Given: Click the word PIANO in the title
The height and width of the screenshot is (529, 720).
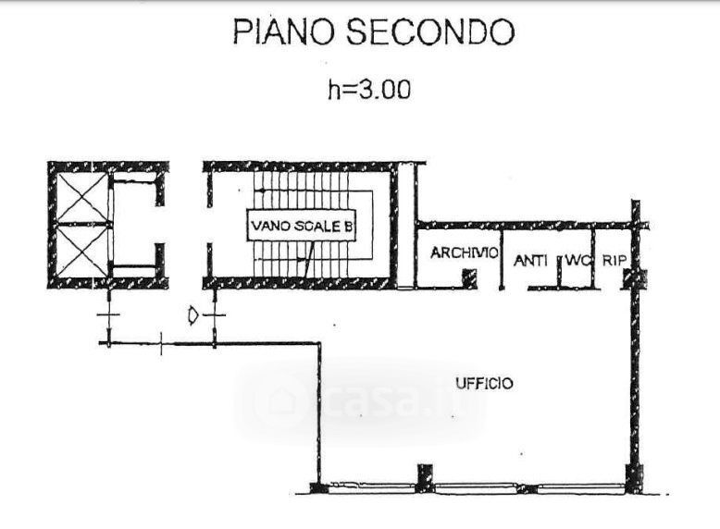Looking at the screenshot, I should coord(282,33).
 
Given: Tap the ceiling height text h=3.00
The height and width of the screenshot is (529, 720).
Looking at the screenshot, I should coord(369,90).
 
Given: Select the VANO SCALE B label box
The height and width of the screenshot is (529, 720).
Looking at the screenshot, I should coord(301,226).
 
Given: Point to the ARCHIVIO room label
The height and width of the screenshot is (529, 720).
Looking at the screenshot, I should coord(466,252).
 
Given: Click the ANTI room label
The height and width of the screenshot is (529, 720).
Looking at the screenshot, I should coord(530,261).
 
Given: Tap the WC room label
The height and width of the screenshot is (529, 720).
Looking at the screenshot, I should coord(577,261).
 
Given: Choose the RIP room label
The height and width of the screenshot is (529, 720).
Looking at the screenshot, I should coord(614,261).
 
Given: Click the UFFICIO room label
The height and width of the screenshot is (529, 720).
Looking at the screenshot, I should coord(483,383).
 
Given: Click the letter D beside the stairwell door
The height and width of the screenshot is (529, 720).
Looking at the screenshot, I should coord(192,317).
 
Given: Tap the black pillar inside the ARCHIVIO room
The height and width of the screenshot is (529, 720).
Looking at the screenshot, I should coord(469,277).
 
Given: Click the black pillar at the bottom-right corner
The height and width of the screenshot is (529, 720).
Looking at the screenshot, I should coord(634,478).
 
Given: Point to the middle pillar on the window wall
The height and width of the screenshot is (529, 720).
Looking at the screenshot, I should coord(424,476).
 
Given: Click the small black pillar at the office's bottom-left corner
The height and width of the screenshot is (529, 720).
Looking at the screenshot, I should coord(316,486).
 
